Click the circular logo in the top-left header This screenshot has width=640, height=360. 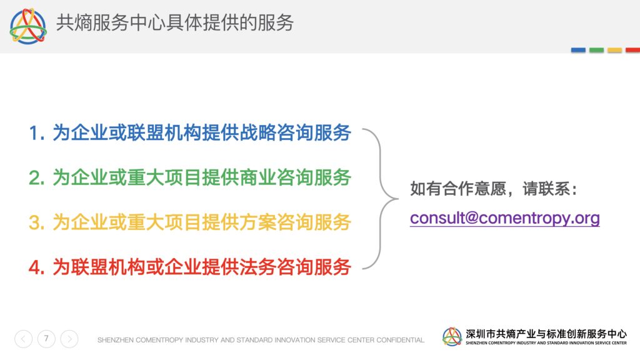28,26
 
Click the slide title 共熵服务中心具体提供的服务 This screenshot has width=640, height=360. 175,23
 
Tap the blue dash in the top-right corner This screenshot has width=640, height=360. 578,50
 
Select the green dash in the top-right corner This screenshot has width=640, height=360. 596,50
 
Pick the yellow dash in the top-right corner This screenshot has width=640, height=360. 615,50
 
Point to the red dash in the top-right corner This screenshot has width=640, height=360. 632,50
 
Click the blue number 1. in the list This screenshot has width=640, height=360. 37,134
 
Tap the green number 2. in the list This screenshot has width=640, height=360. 37,178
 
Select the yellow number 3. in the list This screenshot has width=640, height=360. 37,223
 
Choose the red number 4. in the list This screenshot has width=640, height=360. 37,268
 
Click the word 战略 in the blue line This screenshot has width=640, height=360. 258,132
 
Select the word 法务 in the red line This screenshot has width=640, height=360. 258,267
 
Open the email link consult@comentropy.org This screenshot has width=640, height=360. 505,218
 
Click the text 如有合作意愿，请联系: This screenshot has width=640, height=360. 494,189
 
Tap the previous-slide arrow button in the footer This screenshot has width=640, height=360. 23,339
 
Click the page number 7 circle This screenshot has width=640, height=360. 46,339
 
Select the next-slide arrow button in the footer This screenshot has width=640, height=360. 69,339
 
